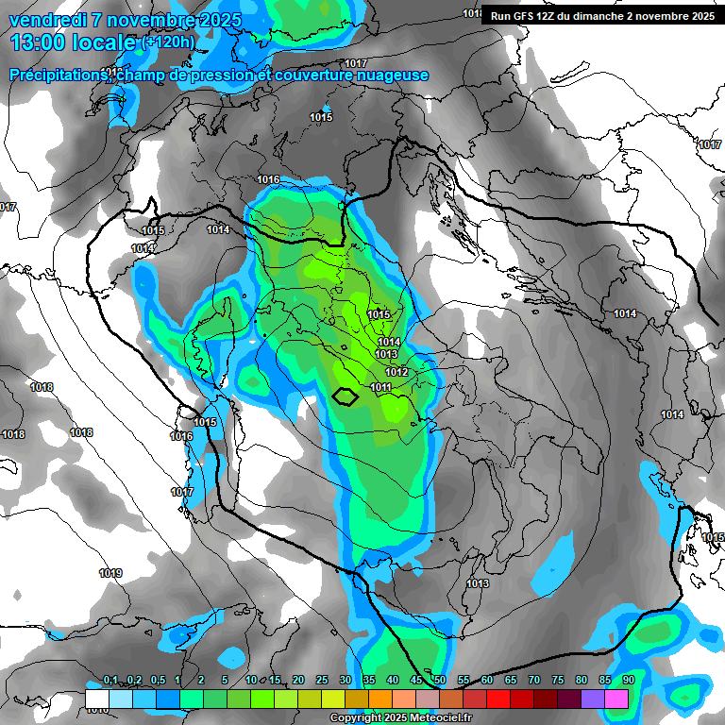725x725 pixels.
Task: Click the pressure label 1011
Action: pyautogui.click(x=381, y=388)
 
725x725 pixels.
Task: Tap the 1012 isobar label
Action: pyautogui.click(x=396, y=372)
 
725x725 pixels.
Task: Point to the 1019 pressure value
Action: pyautogui.click(x=110, y=573)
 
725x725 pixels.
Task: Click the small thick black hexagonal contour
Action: pyautogui.click(x=346, y=396)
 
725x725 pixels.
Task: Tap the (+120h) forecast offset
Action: pyautogui.click(x=168, y=42)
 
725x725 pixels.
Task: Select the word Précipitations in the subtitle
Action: pyautogui.click(x=57, y=76)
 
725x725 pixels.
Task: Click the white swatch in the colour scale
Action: pyautogui.click(x=97, y=699)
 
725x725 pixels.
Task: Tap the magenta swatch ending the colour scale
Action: pyautogui.click(x=616, y=699)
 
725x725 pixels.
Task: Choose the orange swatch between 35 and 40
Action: pyautogui.click(x=380, y=699)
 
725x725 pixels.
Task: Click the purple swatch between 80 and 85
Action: pyautogui.click(x=593, y=699)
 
